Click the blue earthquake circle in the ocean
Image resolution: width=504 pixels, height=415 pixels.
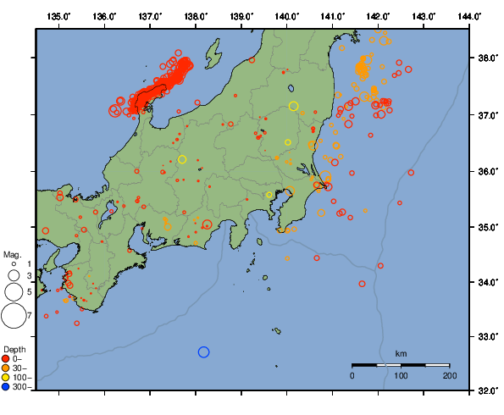203,352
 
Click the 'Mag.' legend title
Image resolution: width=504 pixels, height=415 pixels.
12,254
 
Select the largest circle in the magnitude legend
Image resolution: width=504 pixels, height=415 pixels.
14,316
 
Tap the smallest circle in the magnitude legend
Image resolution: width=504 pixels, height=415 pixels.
14,265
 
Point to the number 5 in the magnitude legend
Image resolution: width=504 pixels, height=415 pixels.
29,291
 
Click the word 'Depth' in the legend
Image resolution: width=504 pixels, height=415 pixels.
14,349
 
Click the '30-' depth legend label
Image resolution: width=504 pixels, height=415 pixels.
20,368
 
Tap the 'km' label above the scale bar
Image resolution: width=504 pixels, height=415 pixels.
401,353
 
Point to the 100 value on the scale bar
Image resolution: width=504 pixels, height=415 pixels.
401,374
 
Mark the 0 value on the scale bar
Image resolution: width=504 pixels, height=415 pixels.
352,374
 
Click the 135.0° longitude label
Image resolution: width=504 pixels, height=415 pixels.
58,17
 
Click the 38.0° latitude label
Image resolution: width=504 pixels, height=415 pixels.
487,59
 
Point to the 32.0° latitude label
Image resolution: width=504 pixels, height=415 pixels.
487,391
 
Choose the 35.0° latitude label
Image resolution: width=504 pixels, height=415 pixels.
487,227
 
